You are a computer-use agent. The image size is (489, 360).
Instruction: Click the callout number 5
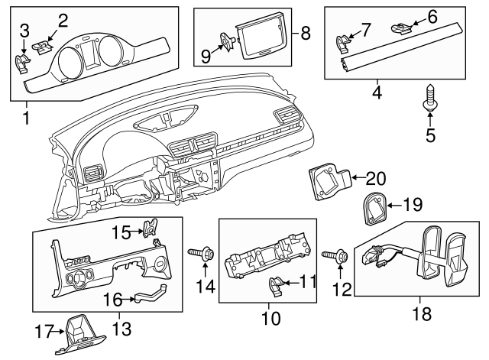pos(430,136)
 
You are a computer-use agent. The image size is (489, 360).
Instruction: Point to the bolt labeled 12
pos(337,257)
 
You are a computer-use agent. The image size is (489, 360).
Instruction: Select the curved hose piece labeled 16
pos(152,292)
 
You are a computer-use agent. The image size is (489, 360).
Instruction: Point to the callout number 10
pos(270,315)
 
